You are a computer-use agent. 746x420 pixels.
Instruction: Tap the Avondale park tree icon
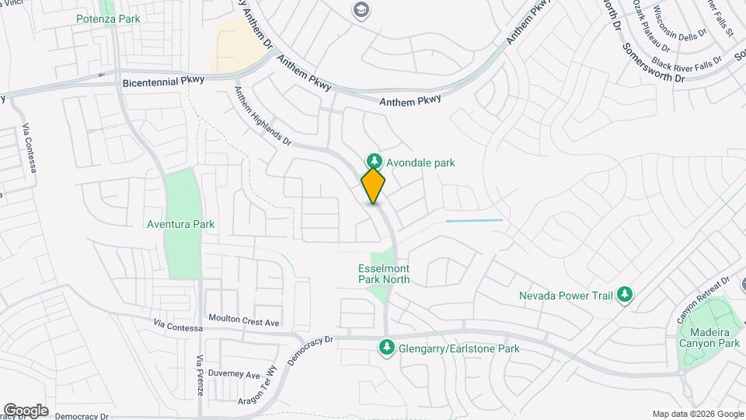373,162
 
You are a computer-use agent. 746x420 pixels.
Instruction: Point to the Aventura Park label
180,224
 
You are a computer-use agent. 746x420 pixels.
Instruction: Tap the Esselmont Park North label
383,274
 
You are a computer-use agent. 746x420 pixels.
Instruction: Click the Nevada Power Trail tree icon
625,295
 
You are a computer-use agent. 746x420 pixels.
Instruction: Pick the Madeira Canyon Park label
709,337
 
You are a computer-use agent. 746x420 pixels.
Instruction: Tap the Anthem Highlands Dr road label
263,115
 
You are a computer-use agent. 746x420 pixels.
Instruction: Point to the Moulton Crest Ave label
244,318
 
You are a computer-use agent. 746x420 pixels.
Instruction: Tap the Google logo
26,410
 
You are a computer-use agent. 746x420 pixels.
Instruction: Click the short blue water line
474,221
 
